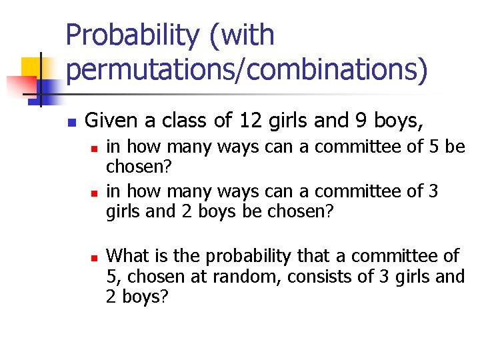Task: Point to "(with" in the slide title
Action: tap(241, 35)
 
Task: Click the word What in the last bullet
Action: tap(127, 255)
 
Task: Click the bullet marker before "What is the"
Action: tap(95, 257)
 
